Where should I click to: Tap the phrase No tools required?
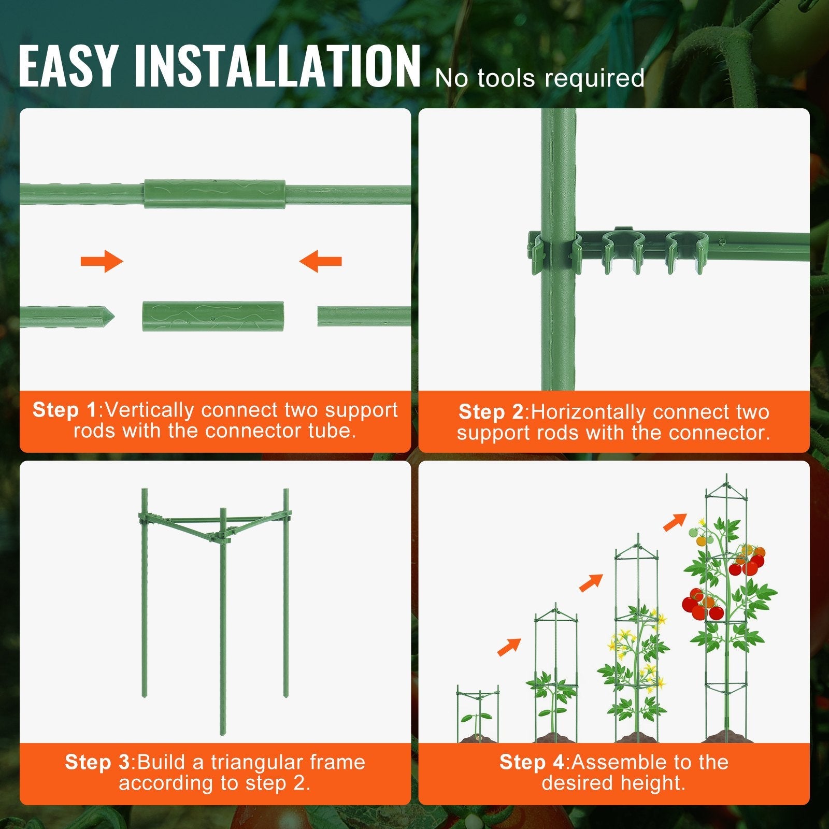539,78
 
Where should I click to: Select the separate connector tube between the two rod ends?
213,316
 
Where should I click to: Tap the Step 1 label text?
64,410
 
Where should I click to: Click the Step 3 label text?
97,762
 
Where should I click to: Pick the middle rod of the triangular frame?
223,622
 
